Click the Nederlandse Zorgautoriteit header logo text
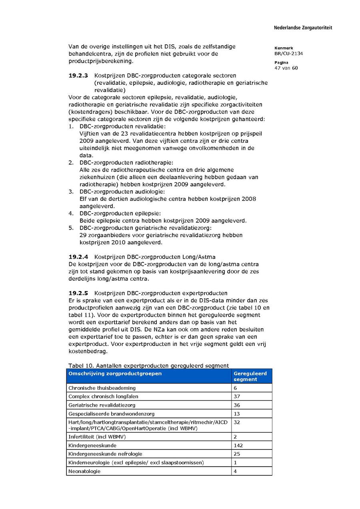(x=302, y=28)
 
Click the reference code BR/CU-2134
(x=288, y=54)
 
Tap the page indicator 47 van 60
(x=286, y=68)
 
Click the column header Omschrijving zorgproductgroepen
(x=115, y=373)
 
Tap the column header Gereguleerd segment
(x=250, y=376)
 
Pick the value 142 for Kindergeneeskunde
(x=238, y=445)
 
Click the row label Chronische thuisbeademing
(x=102, y=388)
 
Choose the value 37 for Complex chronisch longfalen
(x=237, y=397)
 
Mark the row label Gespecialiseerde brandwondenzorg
(x=111, y=414)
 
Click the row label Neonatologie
(x=84, y=471)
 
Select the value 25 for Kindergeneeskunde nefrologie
(x=237, y=454)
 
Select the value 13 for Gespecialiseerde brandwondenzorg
(x=237, y=414)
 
